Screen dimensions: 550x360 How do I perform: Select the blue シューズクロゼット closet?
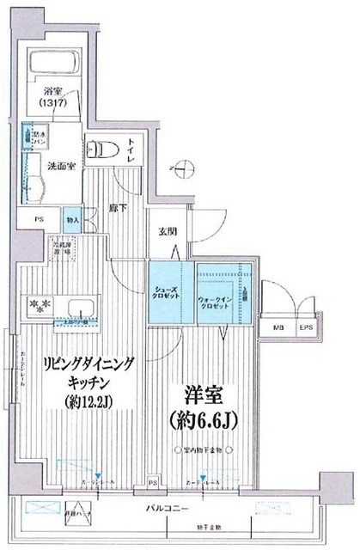pos(170,291)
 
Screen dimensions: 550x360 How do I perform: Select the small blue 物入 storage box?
pos(72,219)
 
